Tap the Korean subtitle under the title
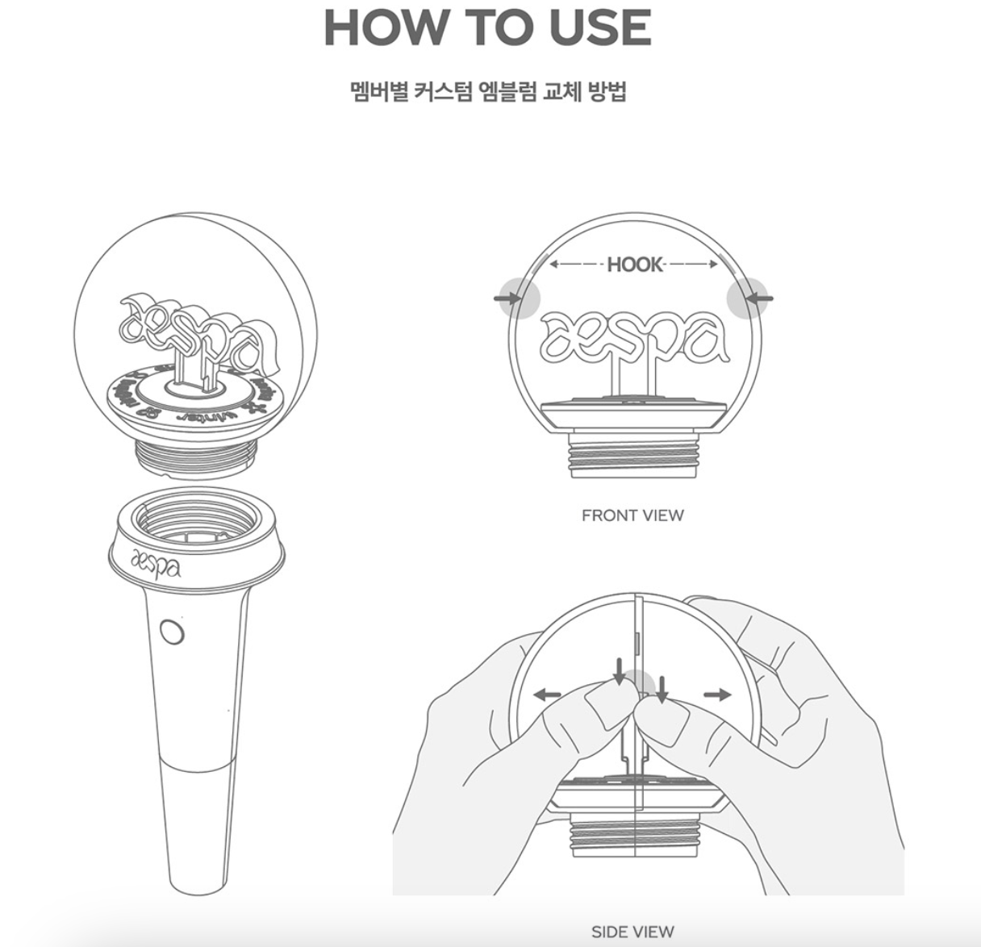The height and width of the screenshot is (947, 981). tap(489, 91)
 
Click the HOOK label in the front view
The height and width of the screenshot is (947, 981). tap(634, 265)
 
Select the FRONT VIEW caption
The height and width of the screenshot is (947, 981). tap(632, 515)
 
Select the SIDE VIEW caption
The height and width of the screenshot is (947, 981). tap(632, 932)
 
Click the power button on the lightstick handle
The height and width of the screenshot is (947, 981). tap(171, 632)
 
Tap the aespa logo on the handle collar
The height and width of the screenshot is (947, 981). tap(155, 562)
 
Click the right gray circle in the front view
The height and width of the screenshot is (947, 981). tap(745, 298)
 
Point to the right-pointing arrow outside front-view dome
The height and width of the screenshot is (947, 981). tap(505, 298)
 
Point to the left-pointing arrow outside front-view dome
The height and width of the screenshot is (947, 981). tap(761, 298)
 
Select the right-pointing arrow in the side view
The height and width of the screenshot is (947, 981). tap(717, 695)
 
